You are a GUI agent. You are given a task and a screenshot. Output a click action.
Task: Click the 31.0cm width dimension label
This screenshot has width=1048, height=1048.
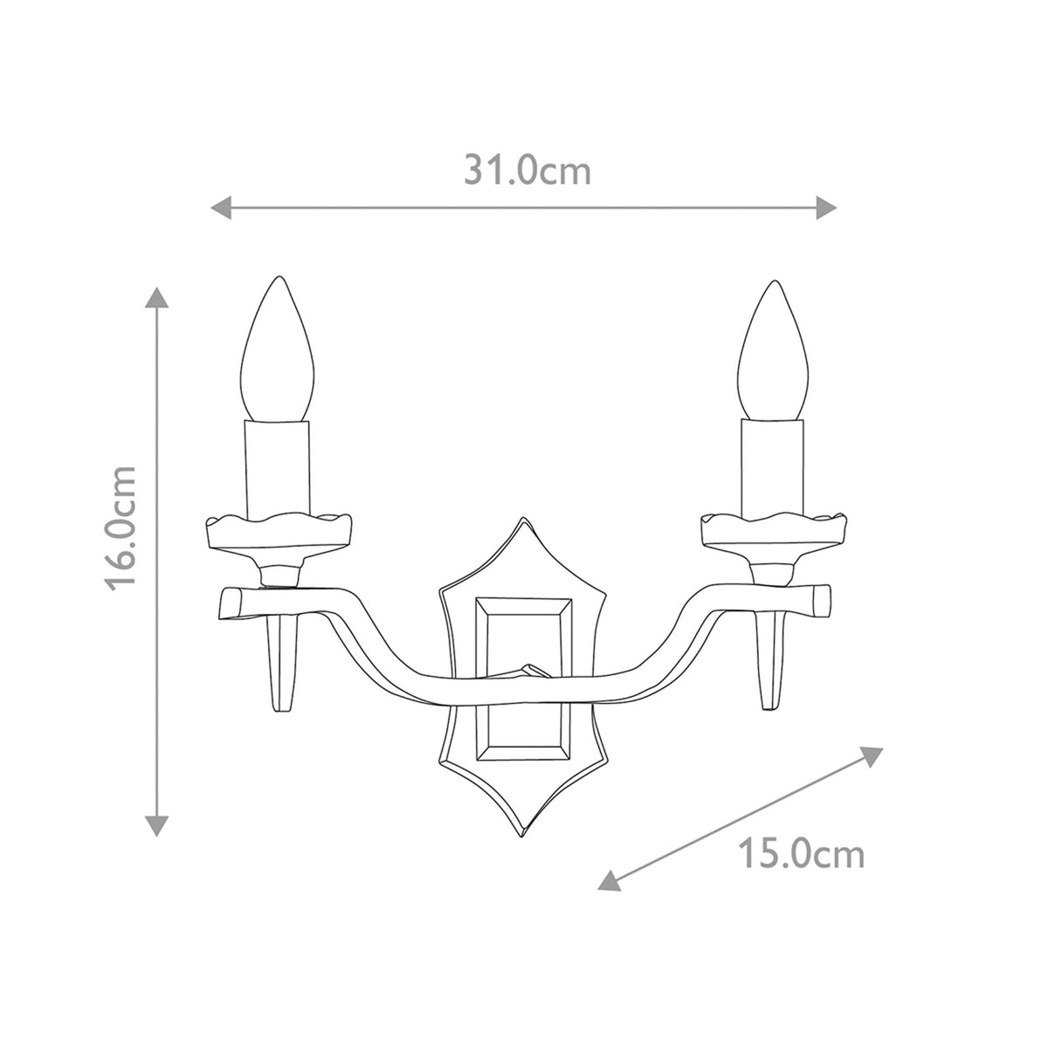pos(527,171)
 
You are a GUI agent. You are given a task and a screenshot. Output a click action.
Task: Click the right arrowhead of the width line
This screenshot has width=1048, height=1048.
pos(827,207)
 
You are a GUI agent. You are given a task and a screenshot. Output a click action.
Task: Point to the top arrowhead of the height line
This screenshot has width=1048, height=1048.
pos(156,297)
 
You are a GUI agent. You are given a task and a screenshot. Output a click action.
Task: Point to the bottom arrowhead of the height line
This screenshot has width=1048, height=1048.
pos(156,824)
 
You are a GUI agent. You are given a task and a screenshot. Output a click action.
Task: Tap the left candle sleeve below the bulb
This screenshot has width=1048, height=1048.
pos(279,467)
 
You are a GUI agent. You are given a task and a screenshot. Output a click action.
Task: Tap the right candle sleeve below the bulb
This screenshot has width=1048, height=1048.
pos(772,467)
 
